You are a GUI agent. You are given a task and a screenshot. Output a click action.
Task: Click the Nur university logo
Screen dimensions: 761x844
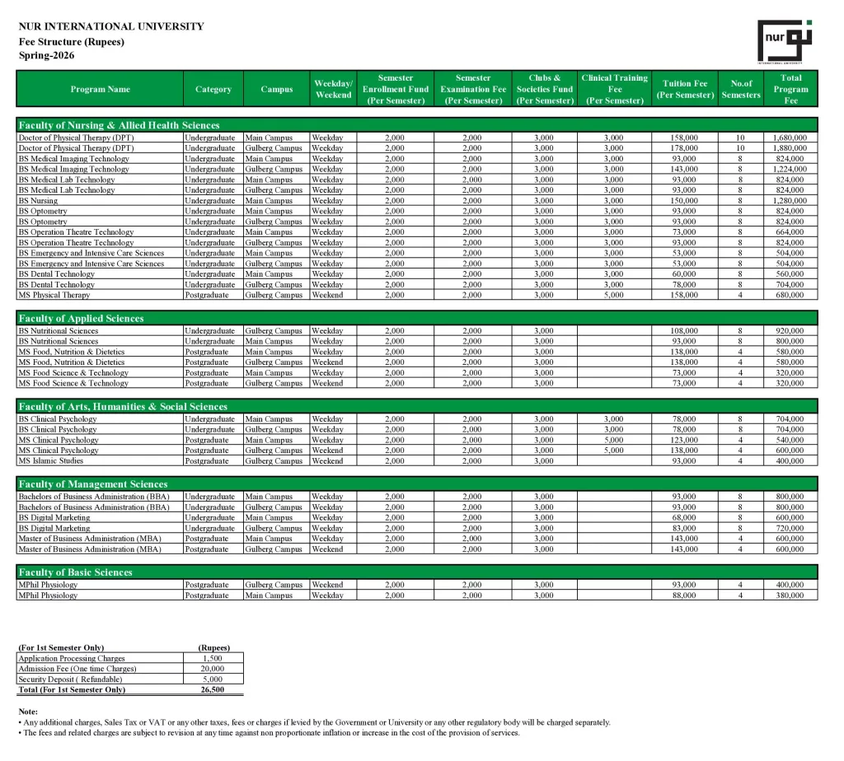click(x=784, y=40)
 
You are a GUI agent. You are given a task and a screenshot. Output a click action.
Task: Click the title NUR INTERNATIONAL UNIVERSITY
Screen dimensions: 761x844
click(x=111, y=26)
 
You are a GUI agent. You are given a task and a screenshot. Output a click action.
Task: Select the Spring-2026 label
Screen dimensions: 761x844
click(x=46, y=55)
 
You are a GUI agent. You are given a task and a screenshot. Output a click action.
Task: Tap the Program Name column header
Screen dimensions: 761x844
click(x=100, y=89)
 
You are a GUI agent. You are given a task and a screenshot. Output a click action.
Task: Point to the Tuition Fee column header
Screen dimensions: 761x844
click(x=684, y=89)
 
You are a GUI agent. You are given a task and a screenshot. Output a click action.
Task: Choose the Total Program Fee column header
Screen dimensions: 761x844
click(x=790, y=89)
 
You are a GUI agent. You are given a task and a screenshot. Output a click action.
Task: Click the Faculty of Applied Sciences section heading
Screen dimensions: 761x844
click(x=81, y=319)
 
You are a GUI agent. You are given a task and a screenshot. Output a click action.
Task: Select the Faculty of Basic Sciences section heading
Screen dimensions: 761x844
click(x=75, y=572)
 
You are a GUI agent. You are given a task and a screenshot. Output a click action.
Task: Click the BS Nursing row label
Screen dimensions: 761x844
click(x=39, y=201)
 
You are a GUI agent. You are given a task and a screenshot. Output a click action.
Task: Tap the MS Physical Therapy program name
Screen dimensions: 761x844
click(x=54, y=295)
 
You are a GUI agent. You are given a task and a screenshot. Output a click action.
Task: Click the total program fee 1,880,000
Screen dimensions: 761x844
click(x=790, y=148)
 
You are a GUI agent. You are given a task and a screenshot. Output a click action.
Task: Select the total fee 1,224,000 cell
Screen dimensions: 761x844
click(x=790, y=169)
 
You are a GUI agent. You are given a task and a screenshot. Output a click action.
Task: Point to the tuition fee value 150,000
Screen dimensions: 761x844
click(x=684, y=201)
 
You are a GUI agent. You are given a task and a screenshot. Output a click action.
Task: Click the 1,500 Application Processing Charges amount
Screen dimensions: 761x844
click(x=212, y=659)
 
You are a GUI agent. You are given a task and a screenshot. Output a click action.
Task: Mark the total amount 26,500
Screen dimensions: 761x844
click(x=212, y=690)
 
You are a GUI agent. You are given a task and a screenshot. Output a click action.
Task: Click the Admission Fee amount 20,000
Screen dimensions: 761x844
click(x=212, y=669)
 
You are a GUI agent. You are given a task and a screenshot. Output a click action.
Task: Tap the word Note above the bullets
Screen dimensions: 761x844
click(x=28, y=711)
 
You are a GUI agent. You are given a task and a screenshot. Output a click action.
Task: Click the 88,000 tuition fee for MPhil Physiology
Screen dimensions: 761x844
click(x=684, y=595)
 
